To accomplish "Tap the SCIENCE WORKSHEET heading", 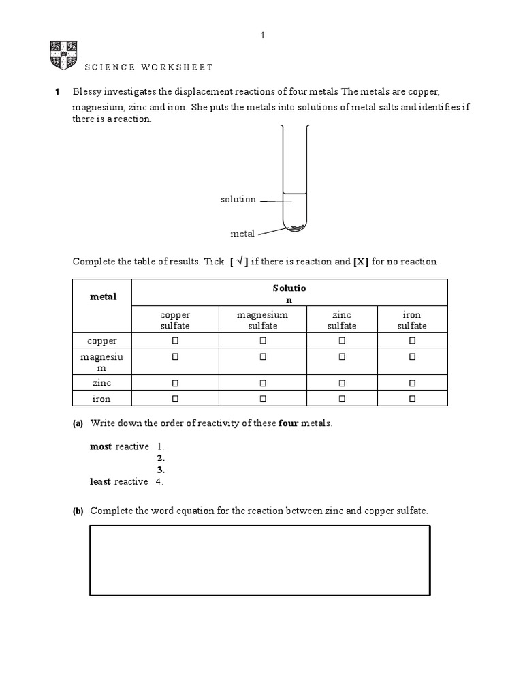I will tap(148, 67).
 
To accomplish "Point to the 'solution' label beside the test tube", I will tap(238, 200).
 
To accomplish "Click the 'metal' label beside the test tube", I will tap(242, 234).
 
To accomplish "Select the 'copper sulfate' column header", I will tap(175, 320).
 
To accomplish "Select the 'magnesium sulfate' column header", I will tap(262, 320).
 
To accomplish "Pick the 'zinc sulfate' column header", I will tap(342, 320).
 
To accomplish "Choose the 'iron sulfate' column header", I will tap(412, 320).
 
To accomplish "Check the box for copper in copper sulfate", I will tap(175, 340).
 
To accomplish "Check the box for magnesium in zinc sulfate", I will tap(342, 356).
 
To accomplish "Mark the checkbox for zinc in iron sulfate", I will tap(412, 384).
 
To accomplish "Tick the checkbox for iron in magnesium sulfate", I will tap(262, 399).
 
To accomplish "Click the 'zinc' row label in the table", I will tap(101, 384).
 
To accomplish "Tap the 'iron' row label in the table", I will tap(101, 399).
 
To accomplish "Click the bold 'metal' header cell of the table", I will tap(103, 297).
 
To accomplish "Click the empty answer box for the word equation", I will tap(260, 560).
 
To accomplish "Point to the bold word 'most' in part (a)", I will tap(101, 446).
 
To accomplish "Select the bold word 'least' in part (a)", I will tap(101, 481).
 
